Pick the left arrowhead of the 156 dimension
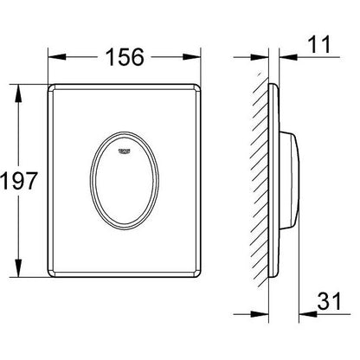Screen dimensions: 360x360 pos(51,60)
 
